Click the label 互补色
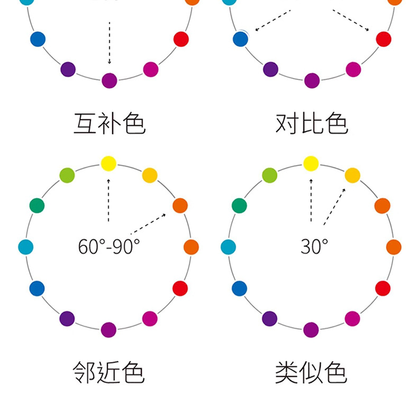[x=108, y=123]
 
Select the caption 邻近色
[x=108, y=373]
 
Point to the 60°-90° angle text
[x=109, y=246]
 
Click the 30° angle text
[x=314, y=246]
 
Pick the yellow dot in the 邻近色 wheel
[x=108, y=164]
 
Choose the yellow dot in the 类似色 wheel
[x=311, y=164]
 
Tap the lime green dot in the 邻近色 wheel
[x=67, y=175]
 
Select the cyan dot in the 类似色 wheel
[x=228, y=247]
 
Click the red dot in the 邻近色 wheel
[x=180, y=288]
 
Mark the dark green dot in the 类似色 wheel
[x=239, y=205]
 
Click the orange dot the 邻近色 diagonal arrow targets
[x=180, y=205]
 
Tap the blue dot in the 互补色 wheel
[x=38, y=39]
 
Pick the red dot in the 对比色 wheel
[x=383, y=39]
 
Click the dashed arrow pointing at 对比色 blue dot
[x=272, y=21]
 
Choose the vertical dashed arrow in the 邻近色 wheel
[x=108, y=200]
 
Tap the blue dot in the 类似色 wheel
[x=239, y=288]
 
